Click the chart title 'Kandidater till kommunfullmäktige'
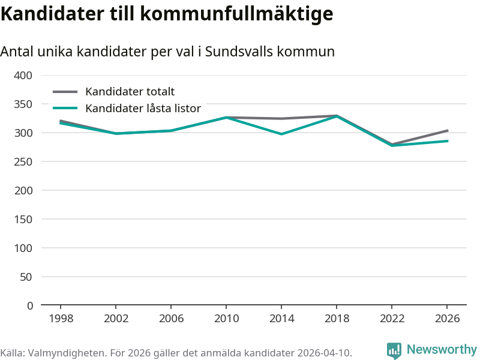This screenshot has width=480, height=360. pyautogui.click(x=166, y=13)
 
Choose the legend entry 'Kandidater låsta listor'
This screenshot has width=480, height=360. pyautogui.click(x=143, y=109)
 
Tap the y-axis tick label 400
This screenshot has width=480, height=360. pyautogui.click(x=23, y=76)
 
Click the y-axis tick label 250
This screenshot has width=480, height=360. pyautogui.click(x=23, y=162)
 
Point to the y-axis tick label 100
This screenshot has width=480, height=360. pyautogui.click(x=23, y=248)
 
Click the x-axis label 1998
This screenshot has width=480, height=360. pyautogui.click(x=61, y=319)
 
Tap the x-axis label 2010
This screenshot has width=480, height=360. pyautogui.click(x=226, y=319)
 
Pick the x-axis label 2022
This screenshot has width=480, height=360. pyautogui.click(x=392, y=319)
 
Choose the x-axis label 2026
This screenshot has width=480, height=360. pyautogui.click(x=448, y=319)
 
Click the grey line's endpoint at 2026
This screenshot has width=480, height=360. pyautogui.click(x=448, y=130)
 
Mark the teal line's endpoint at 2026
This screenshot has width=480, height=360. pyautogui.click(x=448, y=141)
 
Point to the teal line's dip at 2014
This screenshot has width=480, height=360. pyautogui.click(x=281, y=134)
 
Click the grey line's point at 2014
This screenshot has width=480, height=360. pyautogui.click(x=281, y=119)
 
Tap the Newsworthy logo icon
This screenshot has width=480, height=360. pyautogui.click(x=394, y=350)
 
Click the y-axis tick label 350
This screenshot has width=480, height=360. pyautogui.click(x=23, y=104)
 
